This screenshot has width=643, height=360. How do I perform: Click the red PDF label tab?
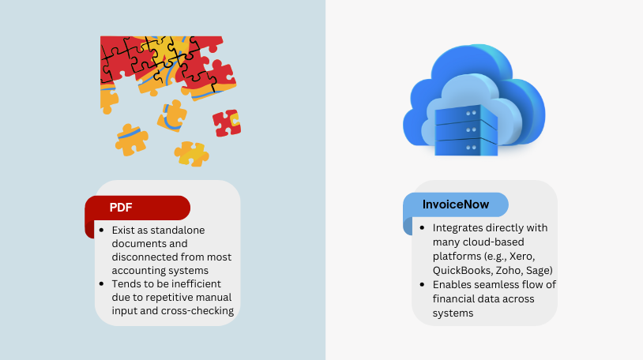click(137, 208)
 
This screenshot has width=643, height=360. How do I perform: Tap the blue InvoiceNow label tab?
click(456, 204)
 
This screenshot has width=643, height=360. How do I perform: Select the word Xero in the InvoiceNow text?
click(522, 257)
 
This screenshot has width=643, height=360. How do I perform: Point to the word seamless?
click(494, 284)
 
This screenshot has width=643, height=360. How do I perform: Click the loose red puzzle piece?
click(227, 123)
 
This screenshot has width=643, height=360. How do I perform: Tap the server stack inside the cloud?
click(466, 130)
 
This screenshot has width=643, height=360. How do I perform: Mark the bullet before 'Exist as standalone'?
click(102, 230)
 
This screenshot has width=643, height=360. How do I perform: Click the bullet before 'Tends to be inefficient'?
click(102, 283)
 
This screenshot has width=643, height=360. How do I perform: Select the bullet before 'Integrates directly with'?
click(422, 227)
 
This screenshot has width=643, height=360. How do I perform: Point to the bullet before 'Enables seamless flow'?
click(422, 284)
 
